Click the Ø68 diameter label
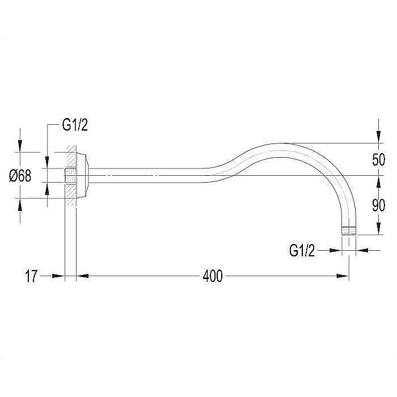[x=20, y=176]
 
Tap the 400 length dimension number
[x=213, y=276]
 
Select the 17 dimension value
[x=31, y=276]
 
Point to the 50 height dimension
[x=378, y=159]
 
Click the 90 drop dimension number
[x=378, y=205]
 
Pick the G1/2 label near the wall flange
[x=75, y=125]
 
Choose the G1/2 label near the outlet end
[x=302, y=251]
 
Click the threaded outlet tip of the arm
[x=349, y=231]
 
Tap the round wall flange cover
[x=82, y=175]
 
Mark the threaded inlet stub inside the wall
[x=71, y=175]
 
